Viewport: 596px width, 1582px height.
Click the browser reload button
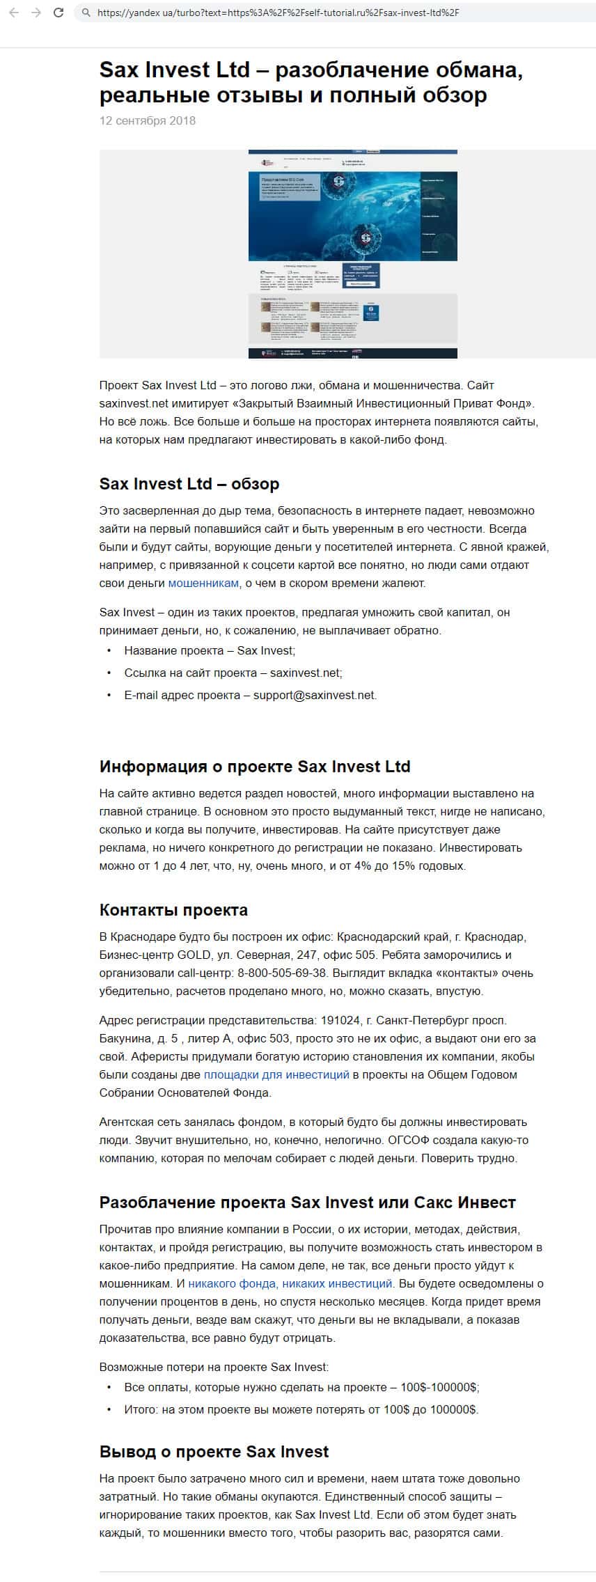click(x=58, y=13)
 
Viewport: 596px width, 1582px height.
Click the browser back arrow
click(x=14, y=13)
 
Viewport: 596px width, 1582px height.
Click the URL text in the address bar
click(x=278, y=13)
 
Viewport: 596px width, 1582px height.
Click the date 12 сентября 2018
click(x=148, y=120)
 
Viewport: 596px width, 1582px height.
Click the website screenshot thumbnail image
click(x=352, y=254)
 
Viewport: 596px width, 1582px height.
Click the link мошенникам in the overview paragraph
click(x=203, y=583)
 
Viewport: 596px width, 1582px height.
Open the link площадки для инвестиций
click(x=276, y=1074)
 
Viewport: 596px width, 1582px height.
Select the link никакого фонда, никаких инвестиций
click(x=290, y=1283)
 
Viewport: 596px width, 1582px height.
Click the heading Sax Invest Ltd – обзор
click(x=189, y=483)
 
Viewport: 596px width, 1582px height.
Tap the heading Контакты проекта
click(x=173, y=909)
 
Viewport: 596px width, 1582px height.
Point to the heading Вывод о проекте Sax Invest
click(x=214, y=1451)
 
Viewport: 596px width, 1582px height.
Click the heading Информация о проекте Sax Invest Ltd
click(x=255, y=766)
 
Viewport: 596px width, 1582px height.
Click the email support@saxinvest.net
click(x=314, y=695)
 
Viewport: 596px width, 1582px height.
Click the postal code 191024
click(x=340, y=1020)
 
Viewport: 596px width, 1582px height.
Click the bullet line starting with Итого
click(x=301, y=1409)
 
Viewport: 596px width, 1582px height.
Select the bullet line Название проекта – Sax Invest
click(x=210, y=650)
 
